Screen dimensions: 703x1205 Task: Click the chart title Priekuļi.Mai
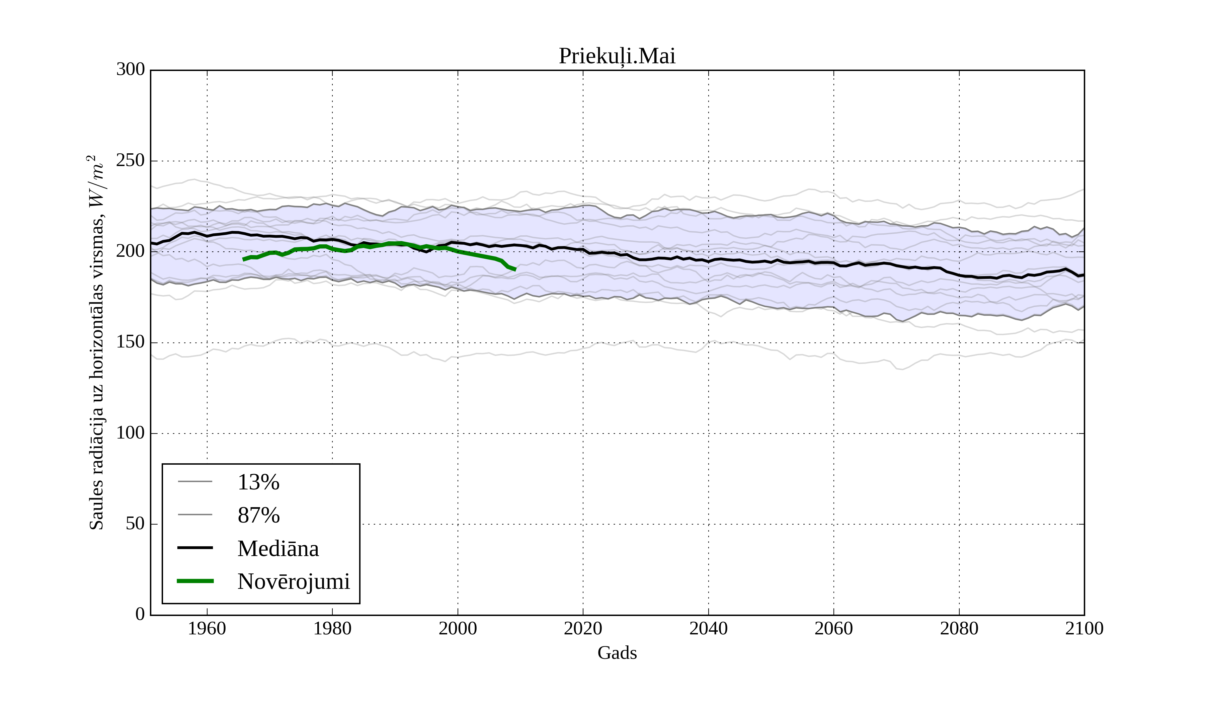(617, 57)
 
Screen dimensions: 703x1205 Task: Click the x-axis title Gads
(617, 653)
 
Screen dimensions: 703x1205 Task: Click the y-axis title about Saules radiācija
(97, 342)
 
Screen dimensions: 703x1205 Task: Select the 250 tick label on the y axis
(131, 161)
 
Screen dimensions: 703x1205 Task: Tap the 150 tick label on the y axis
(131, 342)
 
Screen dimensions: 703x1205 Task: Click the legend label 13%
(258, 482)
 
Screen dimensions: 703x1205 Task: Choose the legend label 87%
(258, 516)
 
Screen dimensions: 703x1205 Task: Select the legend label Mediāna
(278, 549)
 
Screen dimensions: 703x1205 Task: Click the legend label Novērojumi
(294, 581)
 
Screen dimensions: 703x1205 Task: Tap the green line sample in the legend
(195, 581)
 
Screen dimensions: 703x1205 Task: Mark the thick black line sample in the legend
(195, 548)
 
